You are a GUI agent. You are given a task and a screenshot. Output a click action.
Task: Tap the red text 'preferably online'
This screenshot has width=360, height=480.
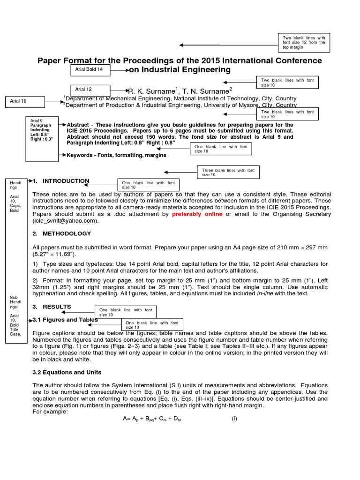197,214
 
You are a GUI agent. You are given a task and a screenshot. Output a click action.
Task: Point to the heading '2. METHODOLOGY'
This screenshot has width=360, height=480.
61,233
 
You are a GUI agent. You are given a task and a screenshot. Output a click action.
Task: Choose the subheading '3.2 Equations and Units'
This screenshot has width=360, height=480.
67,372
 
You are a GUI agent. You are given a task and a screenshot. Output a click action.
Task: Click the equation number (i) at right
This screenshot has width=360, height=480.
234,419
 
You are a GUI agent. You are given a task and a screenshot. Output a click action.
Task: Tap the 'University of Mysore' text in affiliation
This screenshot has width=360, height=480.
227,105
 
